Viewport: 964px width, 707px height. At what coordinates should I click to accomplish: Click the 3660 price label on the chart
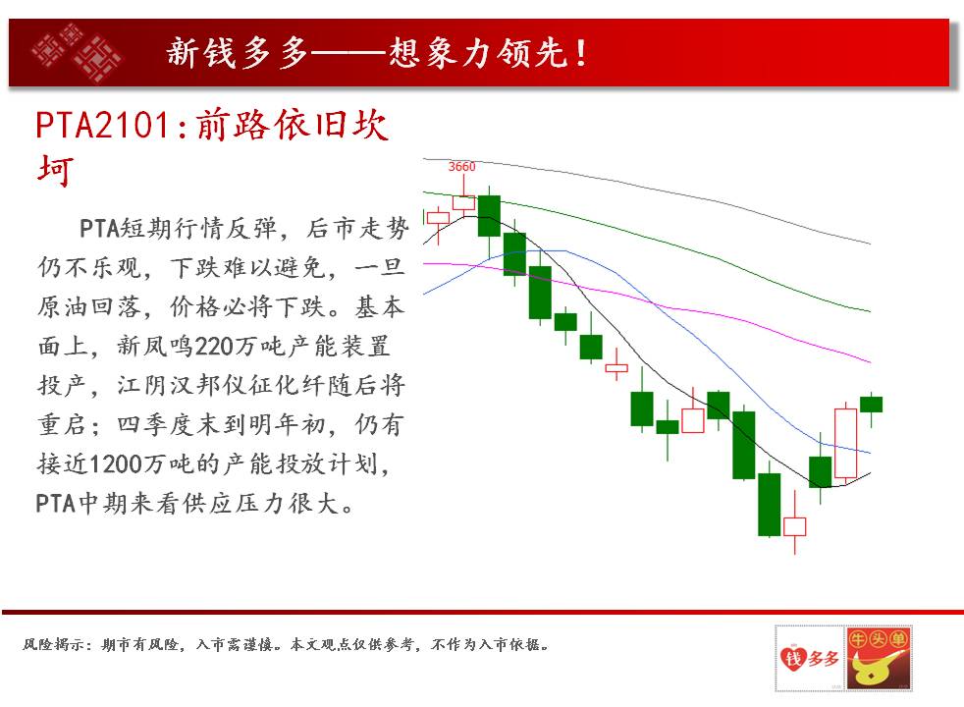pyautogui.click(x=461, y=167)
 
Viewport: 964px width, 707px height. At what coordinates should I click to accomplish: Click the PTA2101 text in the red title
pyautogui.click(x=102, y=126)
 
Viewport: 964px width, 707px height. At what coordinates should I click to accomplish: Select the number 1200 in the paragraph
pyautogui.click(x=116, y=464)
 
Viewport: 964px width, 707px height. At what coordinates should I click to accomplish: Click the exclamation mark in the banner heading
pyautogui.click(x=580, y=53)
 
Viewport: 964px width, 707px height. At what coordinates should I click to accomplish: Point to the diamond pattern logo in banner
pyautogui.click(x=77, y=52)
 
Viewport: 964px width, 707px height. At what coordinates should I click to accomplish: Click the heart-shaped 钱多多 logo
pyautogui.click(x=810, y=658)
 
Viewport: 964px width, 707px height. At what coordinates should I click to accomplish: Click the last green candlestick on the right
pyautogui.click(x=871, y=405)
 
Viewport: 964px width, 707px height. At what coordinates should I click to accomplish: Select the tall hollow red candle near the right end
pyautogui.click(x=845, y=443)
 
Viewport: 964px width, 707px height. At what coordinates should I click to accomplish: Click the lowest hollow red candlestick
pyautogui.click(x=794, y=527)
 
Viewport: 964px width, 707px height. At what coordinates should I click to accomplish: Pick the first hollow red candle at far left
pyautogui.click(x=438, y=218)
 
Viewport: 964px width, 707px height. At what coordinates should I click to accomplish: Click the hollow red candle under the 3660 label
pyautogui.click(x=463, y=203)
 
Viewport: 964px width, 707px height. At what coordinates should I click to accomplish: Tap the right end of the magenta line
pyautogui.click(x=870, y=362)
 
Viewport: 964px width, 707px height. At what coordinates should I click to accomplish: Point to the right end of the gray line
pyautogui.click(x=870, y=244)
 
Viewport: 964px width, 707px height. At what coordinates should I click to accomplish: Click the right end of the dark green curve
pyautogui.click(x=870, y=311)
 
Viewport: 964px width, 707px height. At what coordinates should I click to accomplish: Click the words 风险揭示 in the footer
pyautogui.click(x=52, y=644)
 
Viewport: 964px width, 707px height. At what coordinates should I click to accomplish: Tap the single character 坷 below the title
pyautogui.click(x=55, y=170)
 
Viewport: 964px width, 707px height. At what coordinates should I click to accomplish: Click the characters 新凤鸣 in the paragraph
pyautogui.click(x=155, y=346)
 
